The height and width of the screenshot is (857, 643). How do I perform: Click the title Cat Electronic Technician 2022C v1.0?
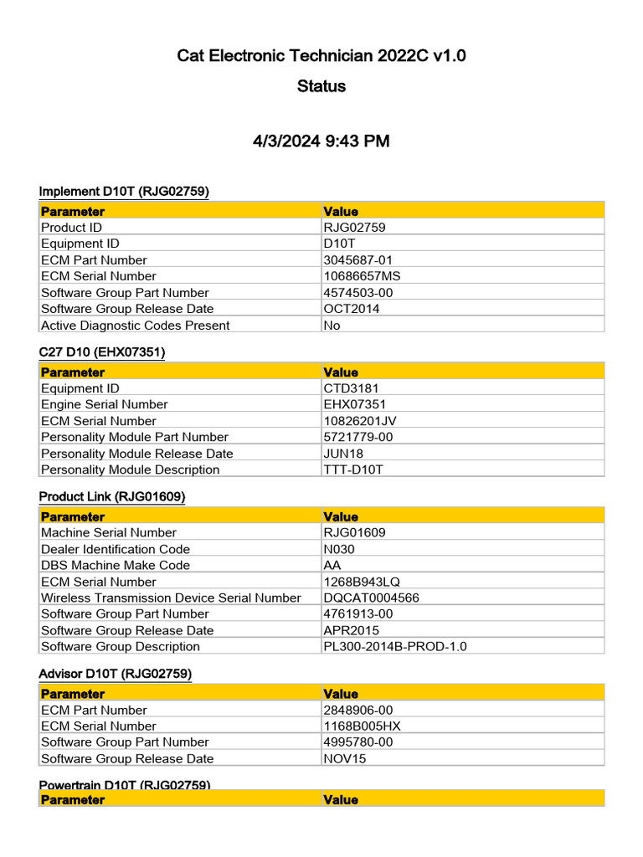[x=321, y=56]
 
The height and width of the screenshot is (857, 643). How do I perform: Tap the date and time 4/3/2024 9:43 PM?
[x=321, y=141]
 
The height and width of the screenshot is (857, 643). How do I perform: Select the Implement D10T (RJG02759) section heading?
[x=124, y=192]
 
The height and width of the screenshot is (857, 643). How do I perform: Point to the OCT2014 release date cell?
[x=351, y=309]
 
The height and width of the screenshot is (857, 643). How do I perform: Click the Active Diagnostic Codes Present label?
[x=135, y=326]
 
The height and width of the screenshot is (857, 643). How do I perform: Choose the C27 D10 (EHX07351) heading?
[x=102, y=352]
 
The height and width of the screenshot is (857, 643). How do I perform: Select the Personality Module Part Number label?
[x=135, y=437]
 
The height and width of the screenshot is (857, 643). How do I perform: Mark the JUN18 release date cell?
[x=344, y=454]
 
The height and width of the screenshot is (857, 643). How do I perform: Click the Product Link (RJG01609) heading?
[x=112, y=496]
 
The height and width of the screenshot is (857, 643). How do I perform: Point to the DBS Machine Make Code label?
[x=116, y=565]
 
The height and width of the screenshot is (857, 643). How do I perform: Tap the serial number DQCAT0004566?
[x=372, y=598]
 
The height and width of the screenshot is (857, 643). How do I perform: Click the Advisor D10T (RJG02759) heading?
[x=116, y=673]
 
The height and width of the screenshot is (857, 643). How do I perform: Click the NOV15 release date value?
[x=345, y=758]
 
